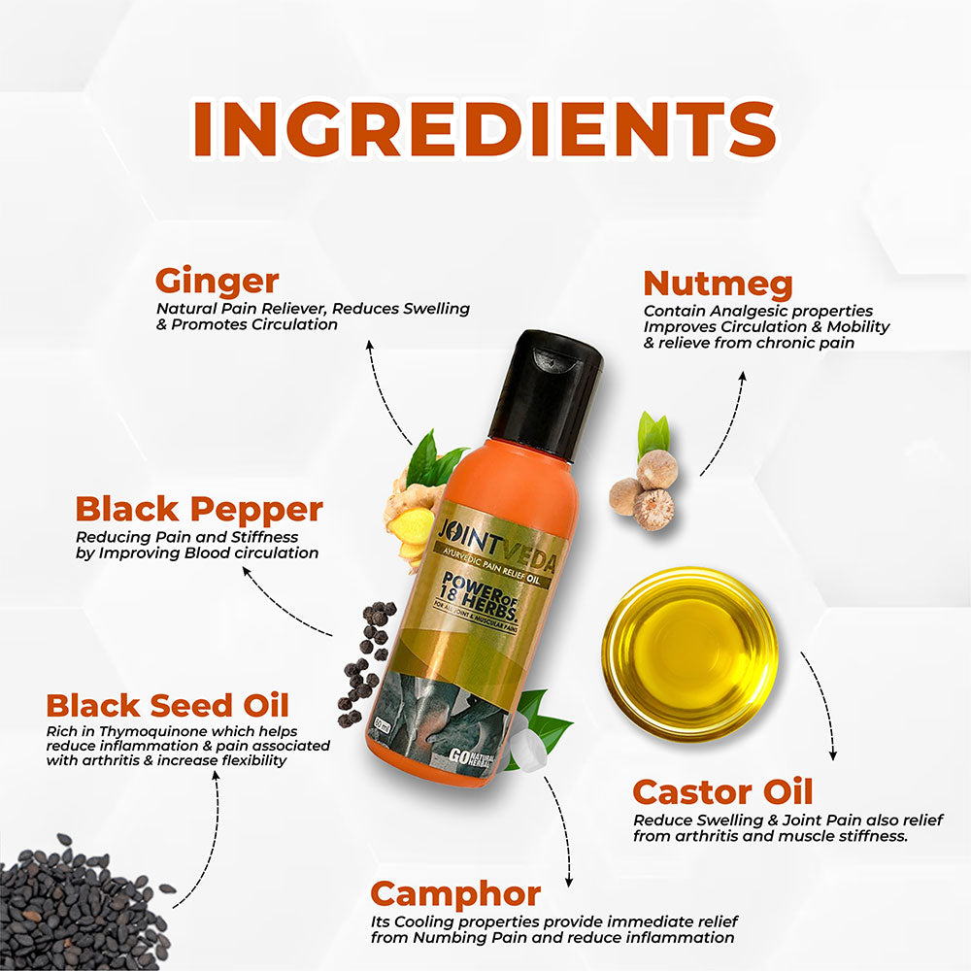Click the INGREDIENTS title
(485, 129)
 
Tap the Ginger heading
(217, 282)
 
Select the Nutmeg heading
(718, 284)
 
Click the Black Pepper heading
(199, 509)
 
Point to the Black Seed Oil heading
(167, 705)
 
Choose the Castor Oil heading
(722, 791)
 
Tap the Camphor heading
(455, 894)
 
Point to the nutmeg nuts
(645, 490)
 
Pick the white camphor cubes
(526, 746)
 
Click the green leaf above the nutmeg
(653, 433)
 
